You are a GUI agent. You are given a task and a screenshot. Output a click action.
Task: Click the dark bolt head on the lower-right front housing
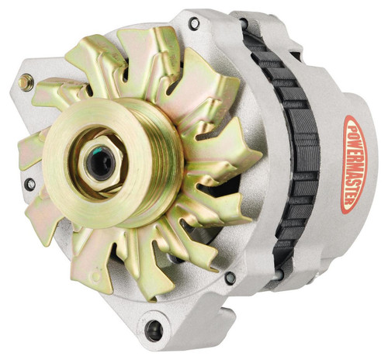coord(230,277)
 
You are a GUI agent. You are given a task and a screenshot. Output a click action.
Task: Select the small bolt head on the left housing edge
coord(29,185)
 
